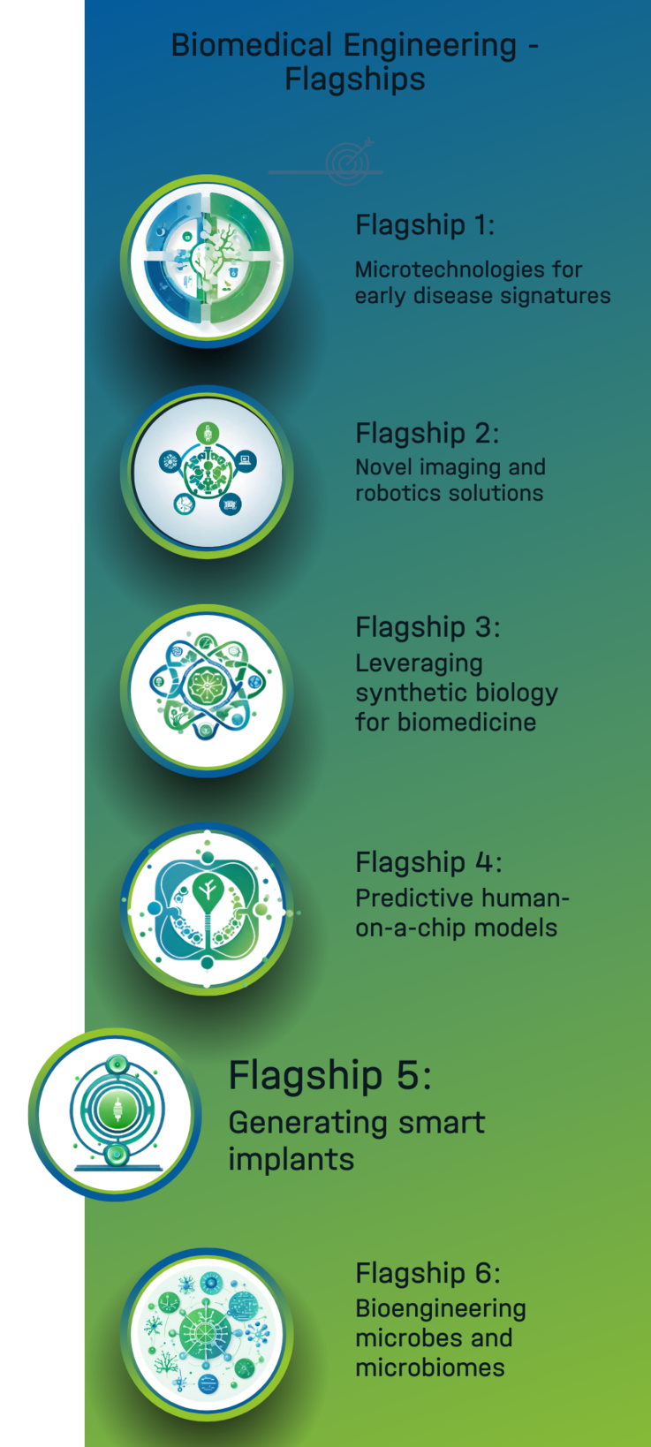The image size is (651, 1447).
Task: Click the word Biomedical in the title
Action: click(251, 46)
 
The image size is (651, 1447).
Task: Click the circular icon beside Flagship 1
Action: click(207, 261)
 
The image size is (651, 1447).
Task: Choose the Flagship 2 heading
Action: click(427, 434)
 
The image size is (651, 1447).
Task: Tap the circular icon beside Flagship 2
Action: click(207, 473)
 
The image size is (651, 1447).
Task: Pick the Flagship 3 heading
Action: click(428, 627)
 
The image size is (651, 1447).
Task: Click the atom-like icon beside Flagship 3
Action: click(207, 691)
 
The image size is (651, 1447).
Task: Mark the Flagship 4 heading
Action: click(428, 862)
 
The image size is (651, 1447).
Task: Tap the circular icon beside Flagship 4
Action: click(207, 909)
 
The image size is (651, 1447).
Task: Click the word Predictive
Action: click(414, 898)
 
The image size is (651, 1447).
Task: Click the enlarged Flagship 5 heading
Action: click(329, 1076)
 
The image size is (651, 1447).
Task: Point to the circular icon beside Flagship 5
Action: click(115, 1114)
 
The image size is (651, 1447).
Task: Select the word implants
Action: click(291, 1160)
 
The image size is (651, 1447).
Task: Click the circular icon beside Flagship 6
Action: click(207, 1335)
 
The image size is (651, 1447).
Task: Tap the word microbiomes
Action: click(430, 1367)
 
